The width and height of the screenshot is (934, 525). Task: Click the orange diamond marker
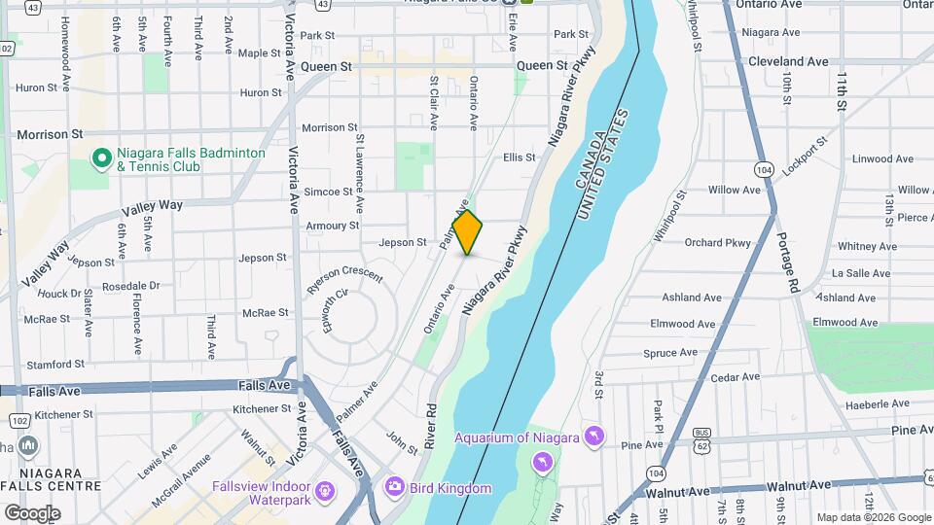click(468, 232)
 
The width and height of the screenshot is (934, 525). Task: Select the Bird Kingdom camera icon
click(394, 485)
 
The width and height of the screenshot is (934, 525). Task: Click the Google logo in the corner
click(31, 512)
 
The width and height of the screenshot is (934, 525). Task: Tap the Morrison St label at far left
click(49, 134)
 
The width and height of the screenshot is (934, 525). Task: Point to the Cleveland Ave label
click(789, 61)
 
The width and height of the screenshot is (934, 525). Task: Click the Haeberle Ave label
click(849, 403)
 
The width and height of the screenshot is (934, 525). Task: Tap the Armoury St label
click(332, 226)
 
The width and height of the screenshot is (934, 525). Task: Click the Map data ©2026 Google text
click(873, 517)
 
